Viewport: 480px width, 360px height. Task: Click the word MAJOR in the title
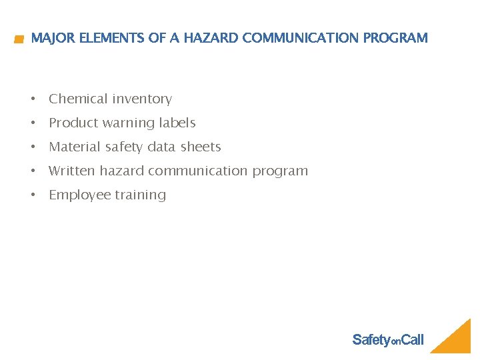(53, 38)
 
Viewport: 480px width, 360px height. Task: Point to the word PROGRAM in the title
(395, 38)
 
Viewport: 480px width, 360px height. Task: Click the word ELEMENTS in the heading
(112, 38)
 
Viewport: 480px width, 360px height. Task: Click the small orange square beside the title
(19, 40)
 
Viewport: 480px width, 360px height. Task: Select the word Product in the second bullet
(74, 123)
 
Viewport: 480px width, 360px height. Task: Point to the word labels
(178, 123)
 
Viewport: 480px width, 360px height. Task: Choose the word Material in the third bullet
(75, 147)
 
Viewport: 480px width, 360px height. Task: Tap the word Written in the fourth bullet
(72, 171)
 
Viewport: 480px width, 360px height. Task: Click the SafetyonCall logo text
(387, 340)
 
